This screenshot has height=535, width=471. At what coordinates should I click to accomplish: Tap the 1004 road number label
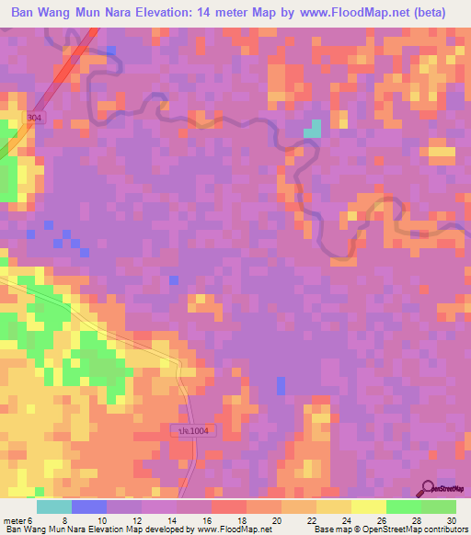194,430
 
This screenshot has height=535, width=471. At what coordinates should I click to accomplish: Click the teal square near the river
313,129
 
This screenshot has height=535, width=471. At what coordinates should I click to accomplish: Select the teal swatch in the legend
54,506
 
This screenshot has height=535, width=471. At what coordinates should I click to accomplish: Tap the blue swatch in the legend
89,506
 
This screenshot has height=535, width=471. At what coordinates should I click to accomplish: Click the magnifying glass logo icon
428,488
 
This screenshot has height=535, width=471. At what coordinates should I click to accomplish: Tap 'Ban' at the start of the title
23,12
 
